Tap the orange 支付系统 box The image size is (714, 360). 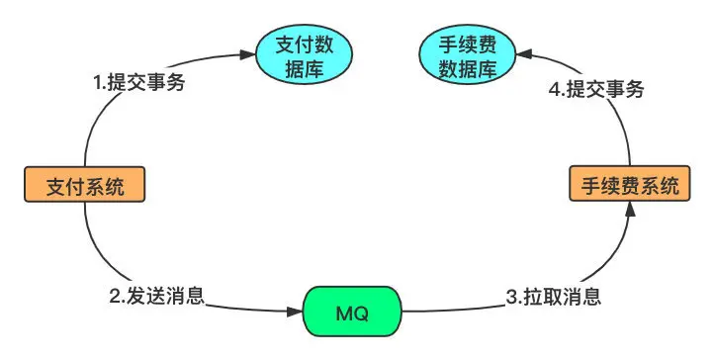click(85, 184)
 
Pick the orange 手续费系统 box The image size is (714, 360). click(630, 183)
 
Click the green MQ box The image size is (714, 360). click(352, 312)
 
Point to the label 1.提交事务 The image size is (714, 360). click(138, 82)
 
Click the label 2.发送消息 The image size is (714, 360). click(157, 296)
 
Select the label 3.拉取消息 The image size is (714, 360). click(554, 297)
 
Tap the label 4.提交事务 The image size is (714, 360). click(596, 89)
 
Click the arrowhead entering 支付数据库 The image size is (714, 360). click(247, 55)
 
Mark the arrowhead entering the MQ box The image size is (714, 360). click(296, 312)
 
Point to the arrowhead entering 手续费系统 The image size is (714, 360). click(630, 209)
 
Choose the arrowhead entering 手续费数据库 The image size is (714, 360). click(524, 54)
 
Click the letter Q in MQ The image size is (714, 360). click(361, 314)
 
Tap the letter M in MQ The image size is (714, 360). click(344, 314)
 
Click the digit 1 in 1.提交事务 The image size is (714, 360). click(97, 83)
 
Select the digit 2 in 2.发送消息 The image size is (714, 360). click(115, 297)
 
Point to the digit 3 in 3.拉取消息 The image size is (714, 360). click(512, 297)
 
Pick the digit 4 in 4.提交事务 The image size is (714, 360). click(555, 90)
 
